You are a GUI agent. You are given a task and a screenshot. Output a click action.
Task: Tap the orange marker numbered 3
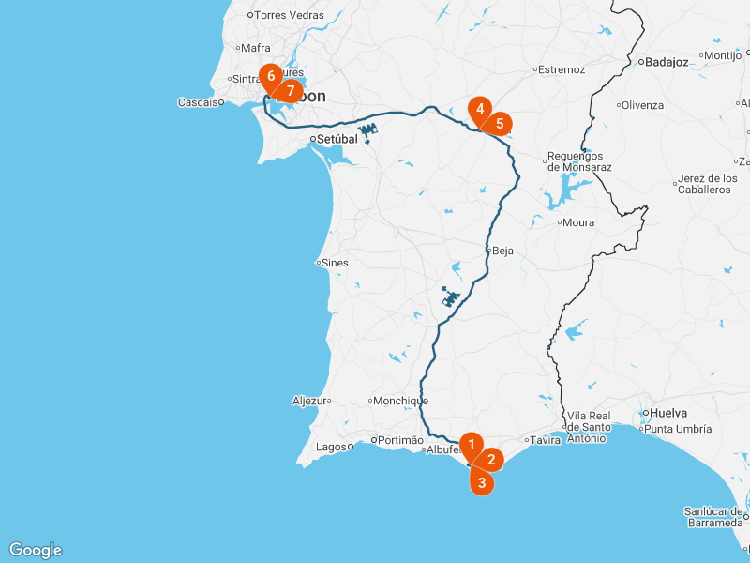click(x=482, y=483)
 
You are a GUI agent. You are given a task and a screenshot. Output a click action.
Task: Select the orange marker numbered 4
click(x=480, y=109)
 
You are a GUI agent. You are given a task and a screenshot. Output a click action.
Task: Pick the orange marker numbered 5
click(x=500, y=123)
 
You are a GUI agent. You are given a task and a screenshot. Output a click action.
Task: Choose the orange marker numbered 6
click(x=271, y=75)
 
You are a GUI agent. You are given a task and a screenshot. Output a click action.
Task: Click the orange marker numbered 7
click(x=291, y=91)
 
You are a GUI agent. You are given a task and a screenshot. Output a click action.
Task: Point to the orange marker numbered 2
click(x=491, y=460)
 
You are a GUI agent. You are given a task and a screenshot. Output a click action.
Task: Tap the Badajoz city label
click(x=667, y=63)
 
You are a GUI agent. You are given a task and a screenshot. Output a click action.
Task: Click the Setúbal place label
click(x=338, y=139)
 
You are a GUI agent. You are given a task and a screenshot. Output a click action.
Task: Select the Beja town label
click(x=503, y=251)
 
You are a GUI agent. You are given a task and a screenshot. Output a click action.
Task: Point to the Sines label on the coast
click(x=335, y=263)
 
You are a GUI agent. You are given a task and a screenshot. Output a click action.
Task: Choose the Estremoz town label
click(x=562, y=69)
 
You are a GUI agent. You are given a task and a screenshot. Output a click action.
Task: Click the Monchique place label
click(x=401, y=401)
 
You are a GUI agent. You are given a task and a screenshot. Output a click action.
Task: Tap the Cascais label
click(x=198, y=102)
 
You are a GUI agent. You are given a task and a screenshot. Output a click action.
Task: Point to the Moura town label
click(x=577, y=222)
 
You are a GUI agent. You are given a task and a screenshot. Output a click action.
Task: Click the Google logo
click(x=36, y=550)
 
